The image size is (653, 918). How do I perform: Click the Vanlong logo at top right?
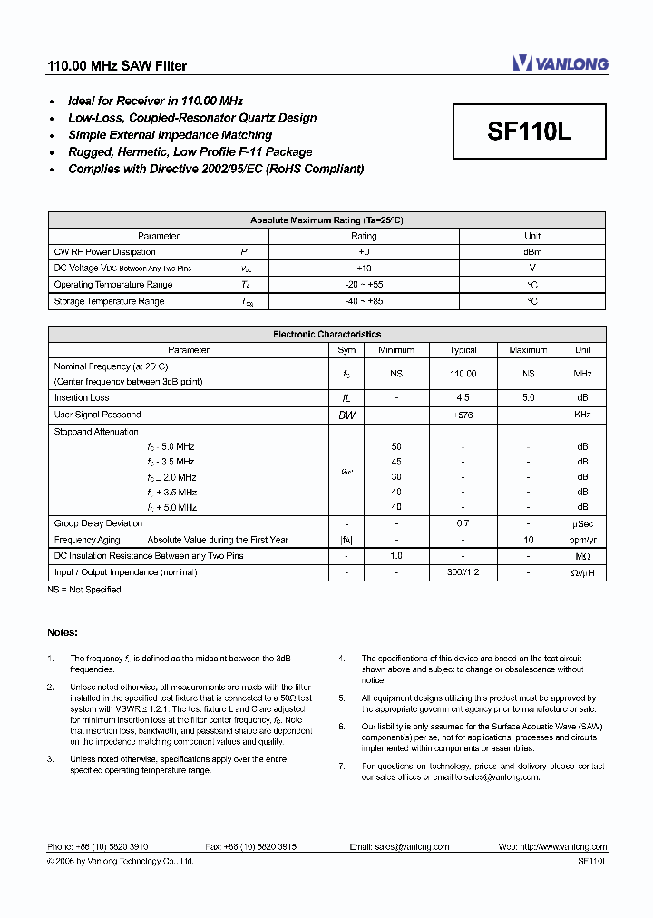(560, 63)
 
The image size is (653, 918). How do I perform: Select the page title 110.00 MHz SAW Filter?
(117, 66)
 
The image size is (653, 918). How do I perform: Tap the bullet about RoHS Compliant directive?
(216, 169)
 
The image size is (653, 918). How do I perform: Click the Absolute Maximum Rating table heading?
(326, 220)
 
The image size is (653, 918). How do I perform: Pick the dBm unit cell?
(532, 252)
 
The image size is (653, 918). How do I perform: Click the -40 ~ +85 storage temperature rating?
(364, 301)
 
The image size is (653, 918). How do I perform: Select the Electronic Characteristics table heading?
(326, 335)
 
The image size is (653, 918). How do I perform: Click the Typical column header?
(463, 350)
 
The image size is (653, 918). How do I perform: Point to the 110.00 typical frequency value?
(463, 374)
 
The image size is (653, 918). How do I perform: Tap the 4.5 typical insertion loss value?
(463, 398)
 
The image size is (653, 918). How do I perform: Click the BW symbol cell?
(346, 415)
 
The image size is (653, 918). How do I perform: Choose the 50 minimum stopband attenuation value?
(396, 447)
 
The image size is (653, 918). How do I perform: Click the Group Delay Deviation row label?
(98, 523)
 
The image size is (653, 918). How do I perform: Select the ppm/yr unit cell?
(582, 540)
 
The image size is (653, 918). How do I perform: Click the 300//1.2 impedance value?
(463, 572)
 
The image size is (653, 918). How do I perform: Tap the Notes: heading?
(63, 632)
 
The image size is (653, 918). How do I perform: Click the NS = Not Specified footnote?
(84, 590)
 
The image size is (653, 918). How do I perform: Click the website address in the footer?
(552, 846)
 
